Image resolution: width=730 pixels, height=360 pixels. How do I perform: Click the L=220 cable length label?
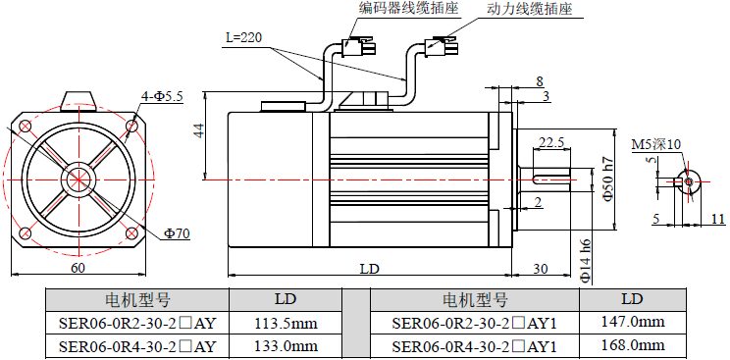242,37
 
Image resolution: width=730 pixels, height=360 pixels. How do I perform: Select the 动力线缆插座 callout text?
530,9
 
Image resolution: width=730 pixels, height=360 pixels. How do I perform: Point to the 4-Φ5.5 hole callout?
162,96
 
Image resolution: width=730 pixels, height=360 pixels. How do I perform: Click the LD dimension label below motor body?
370,268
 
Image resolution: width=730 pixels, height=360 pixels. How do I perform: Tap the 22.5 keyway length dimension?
550,142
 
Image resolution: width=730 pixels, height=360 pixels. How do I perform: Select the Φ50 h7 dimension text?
608,180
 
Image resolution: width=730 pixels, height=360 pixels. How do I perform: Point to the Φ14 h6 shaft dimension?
586,261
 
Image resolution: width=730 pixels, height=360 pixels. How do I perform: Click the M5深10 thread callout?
655,144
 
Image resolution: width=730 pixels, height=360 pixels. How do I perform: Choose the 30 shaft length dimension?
540,268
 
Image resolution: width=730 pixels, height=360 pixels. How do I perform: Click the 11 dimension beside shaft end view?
718,218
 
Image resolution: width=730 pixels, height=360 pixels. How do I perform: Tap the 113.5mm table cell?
286,323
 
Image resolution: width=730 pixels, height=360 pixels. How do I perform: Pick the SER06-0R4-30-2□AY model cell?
137,346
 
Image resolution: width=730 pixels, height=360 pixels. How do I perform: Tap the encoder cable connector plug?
356,45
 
